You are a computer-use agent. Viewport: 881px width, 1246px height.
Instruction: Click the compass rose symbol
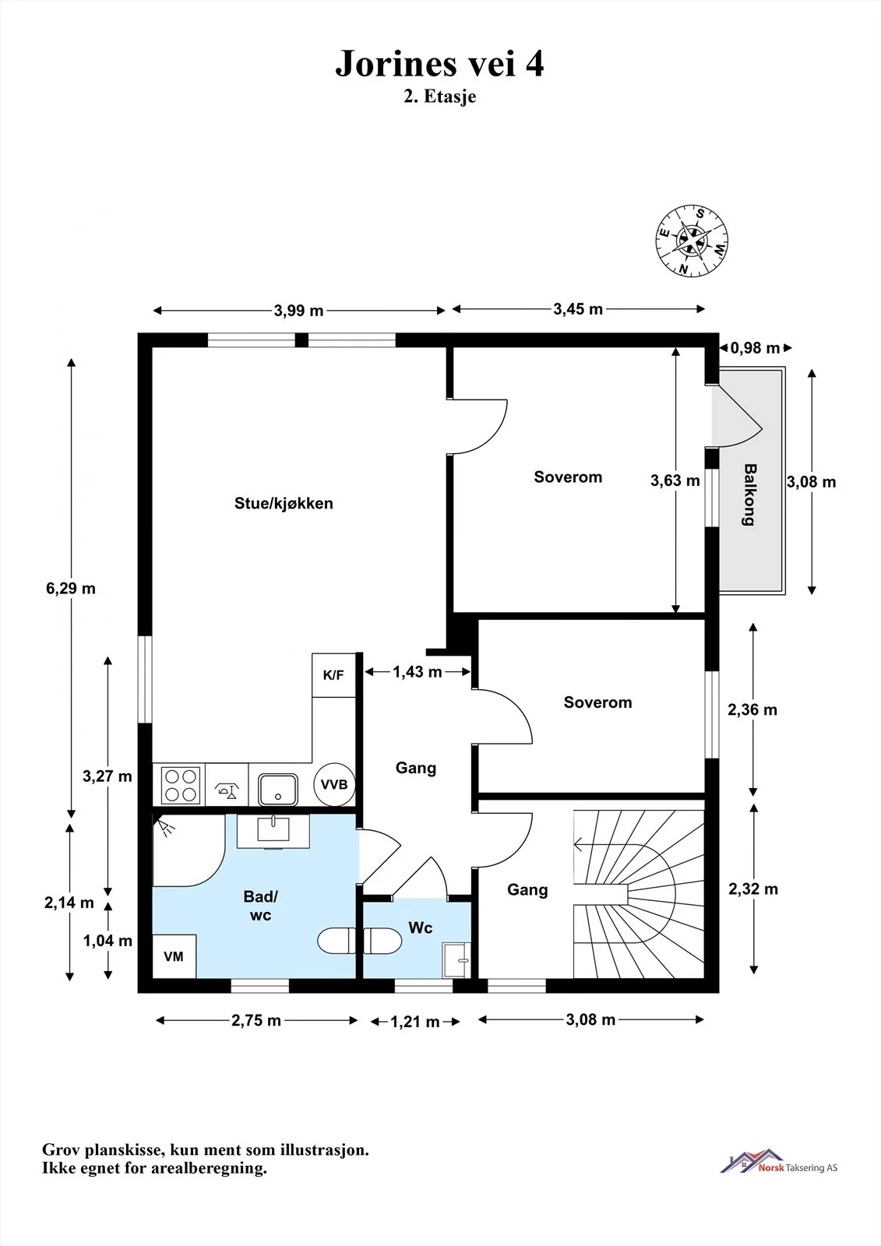tap(692, 241)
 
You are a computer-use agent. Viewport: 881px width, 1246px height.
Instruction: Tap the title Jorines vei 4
tap(439, 63)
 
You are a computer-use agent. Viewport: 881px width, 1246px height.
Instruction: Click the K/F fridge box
tap(333, 675)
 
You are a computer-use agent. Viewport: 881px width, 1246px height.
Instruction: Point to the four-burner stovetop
tap(180, 785)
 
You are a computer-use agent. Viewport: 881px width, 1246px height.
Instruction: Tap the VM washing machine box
tap(174, 956)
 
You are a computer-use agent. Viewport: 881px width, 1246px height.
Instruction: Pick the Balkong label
tap(750, 495)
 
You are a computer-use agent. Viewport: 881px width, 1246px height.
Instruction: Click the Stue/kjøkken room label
tap(284, 503)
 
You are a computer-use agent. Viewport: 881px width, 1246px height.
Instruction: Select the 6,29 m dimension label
tap(71, 589)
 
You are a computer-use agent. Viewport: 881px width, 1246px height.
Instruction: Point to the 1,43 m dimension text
tap(418, 672)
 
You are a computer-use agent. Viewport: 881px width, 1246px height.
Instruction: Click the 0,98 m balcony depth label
tap(756, 348)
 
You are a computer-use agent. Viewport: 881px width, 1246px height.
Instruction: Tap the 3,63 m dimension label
tap(675, 480)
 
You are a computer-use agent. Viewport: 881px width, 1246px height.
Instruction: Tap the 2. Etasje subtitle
tap(439, 97)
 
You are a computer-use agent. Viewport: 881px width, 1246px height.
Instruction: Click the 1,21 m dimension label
tap(415, 1022)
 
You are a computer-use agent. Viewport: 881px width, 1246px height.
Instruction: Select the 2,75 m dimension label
tap(256, 1020)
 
